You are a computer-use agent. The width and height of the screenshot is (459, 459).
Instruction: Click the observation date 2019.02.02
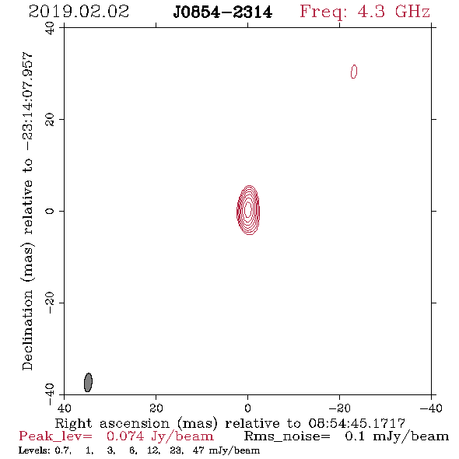[79, 12]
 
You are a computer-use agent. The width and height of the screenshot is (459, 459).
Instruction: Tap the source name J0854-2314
[222, 12]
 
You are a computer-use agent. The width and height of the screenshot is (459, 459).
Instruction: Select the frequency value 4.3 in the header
[371, 12]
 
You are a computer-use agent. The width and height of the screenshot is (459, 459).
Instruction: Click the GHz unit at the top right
[412, 12]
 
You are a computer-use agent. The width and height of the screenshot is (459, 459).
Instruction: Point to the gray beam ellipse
[88, 382]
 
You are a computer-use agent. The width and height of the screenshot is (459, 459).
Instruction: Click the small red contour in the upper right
[354, 72]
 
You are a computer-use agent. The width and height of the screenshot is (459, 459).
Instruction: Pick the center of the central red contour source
[248, 210]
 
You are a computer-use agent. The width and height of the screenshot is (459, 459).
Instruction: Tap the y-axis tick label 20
[50, 120]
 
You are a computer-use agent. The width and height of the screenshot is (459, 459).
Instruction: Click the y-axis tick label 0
[50, 211]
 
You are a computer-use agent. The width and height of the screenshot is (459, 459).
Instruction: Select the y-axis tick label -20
[50, 303]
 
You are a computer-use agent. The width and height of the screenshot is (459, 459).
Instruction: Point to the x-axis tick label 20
[156, 408]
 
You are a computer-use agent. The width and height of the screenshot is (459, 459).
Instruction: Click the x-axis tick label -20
[339, 408]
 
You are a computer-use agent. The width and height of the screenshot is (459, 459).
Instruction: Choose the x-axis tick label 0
[247, 408]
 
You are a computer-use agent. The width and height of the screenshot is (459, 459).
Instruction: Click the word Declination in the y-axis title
[27, 330]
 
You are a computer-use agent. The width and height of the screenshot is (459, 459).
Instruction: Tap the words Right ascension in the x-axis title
[112, 423]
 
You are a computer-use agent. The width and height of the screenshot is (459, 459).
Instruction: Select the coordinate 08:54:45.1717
[357, 423]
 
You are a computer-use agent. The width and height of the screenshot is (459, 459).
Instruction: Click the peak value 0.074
[125, 436]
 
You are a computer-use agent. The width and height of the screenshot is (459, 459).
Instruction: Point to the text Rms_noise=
[287, 436]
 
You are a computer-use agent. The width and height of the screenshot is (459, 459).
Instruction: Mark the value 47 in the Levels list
[198, 450]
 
